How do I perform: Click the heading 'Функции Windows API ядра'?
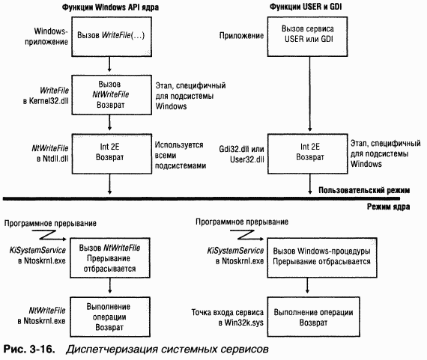click(110, 7)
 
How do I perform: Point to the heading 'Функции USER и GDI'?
click(306, 7)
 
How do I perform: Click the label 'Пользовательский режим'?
click(364, 190)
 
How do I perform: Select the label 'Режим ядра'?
click(388, 207)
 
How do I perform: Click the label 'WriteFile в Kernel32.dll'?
click(46, 96)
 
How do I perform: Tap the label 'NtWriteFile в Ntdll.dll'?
click(50, 153)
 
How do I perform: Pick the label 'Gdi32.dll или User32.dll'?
click(241, 154)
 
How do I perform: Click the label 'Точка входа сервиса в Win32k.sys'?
click(228, 317)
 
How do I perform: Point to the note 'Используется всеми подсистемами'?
click(181, 156)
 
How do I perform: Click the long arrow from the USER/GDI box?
click(309, 94)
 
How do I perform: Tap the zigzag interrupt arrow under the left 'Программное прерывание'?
click(49, 235)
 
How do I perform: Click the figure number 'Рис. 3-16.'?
click(29, 349)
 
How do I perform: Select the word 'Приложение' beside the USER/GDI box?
click(241, 36)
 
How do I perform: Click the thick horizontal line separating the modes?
click(202, 199)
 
